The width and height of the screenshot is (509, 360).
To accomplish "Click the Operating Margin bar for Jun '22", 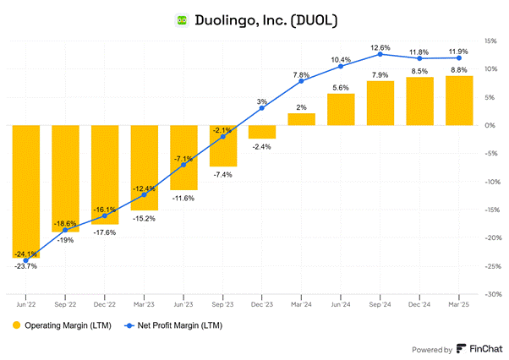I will coord(26,191).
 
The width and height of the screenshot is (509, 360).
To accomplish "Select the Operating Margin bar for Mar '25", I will coord(459,101).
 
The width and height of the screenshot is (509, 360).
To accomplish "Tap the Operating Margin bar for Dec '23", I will coord(262,132).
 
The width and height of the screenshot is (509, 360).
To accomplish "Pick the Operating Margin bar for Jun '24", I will coord(341,109).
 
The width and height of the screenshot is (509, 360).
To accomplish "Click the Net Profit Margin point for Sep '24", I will coord(380,54).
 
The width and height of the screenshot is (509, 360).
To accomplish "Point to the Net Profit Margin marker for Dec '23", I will coord(262,108).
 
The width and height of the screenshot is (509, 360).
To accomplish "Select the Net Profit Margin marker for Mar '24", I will coord(302,81).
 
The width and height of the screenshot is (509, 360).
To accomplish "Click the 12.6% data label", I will coord(380,46).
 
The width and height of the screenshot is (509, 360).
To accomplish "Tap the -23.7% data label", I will coord(26,266).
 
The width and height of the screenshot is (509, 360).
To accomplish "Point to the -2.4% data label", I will coord(262,147).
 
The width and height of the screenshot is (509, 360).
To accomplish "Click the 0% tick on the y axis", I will coord(489,125).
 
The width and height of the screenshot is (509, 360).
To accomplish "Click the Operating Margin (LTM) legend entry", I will coord(59,325).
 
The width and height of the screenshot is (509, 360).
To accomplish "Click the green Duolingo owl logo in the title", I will coord(180,19).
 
